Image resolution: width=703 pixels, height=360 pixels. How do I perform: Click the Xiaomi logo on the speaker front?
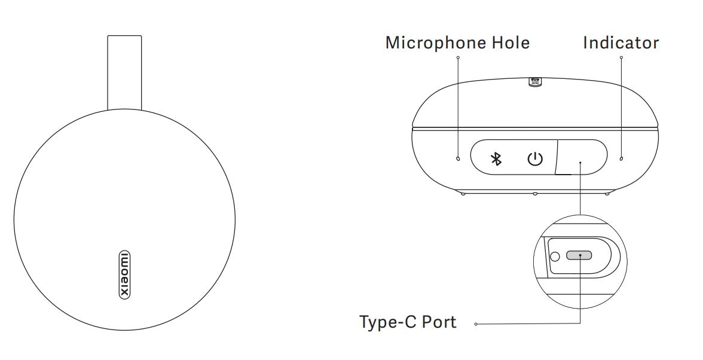pyautogui.click(x=124, y=275)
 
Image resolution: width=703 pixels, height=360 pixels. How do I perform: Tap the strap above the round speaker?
pyautogui.click(x=124, y=72)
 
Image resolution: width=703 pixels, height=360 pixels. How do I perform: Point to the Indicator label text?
pyautogui.click(x=621, y=42)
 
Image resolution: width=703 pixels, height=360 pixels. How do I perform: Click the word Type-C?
pyautogui.click(x=386, y=322)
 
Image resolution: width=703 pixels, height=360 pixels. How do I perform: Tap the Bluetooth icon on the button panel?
pyautogui.click(x=496, y=158)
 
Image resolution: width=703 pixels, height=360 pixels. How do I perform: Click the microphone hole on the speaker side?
pyautogui.click(x=458, y=158)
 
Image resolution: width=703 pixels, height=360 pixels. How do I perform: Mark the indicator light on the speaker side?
pyautogui.click(x=621, y=158)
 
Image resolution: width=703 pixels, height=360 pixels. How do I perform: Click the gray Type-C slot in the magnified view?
pyautogui.click(x=579, y=255)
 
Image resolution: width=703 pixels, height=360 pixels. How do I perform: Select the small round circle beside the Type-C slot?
pyautogui.click(x=555, y=257)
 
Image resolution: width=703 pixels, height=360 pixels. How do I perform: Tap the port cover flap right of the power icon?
pyautogui.click(x=581, y=157)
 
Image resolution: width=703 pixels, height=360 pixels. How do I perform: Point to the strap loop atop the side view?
pyautogui.click(x=536, y=81)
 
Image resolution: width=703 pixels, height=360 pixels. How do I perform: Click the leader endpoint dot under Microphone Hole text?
pyautogui.click(x=458, y=57)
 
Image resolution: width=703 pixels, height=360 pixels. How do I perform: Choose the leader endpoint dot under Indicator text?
pyautogui.click(x=621, y=57)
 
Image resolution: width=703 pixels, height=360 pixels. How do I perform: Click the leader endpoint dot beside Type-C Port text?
pyautogui.click(x=476, y=324)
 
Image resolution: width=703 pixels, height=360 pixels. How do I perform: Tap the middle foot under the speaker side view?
pyautogui.click(x=535, y=194)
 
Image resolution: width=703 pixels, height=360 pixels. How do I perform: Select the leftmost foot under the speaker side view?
pyautogui.click(x=462, y=193)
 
